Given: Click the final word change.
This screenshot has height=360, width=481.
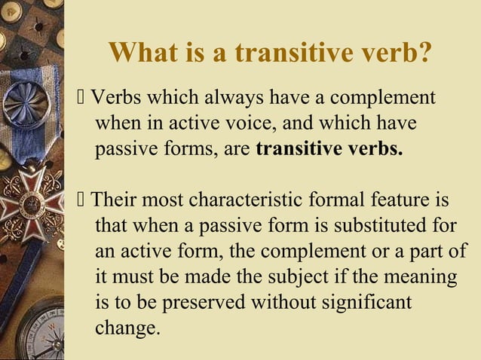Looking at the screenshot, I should click(127, 328).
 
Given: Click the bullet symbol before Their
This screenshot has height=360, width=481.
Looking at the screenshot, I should click(82, 202).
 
